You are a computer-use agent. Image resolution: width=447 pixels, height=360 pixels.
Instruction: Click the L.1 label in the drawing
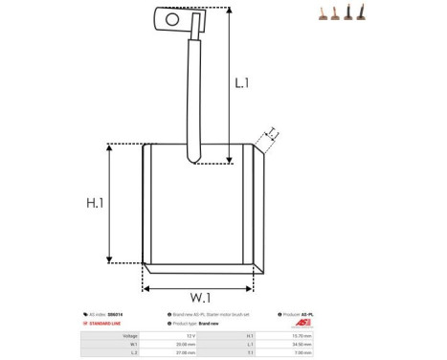pos(242,83)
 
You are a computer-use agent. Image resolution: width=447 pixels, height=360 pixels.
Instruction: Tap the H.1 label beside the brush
pos(95,203)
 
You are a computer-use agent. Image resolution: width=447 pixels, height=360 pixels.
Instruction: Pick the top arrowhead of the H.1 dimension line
pos(113,147)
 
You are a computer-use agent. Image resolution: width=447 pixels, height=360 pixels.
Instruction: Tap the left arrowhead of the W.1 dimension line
pos(146,286)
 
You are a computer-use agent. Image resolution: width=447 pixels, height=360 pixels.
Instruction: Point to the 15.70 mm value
pos(302,336)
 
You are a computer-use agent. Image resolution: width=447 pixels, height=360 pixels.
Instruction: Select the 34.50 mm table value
pos(302,344)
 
